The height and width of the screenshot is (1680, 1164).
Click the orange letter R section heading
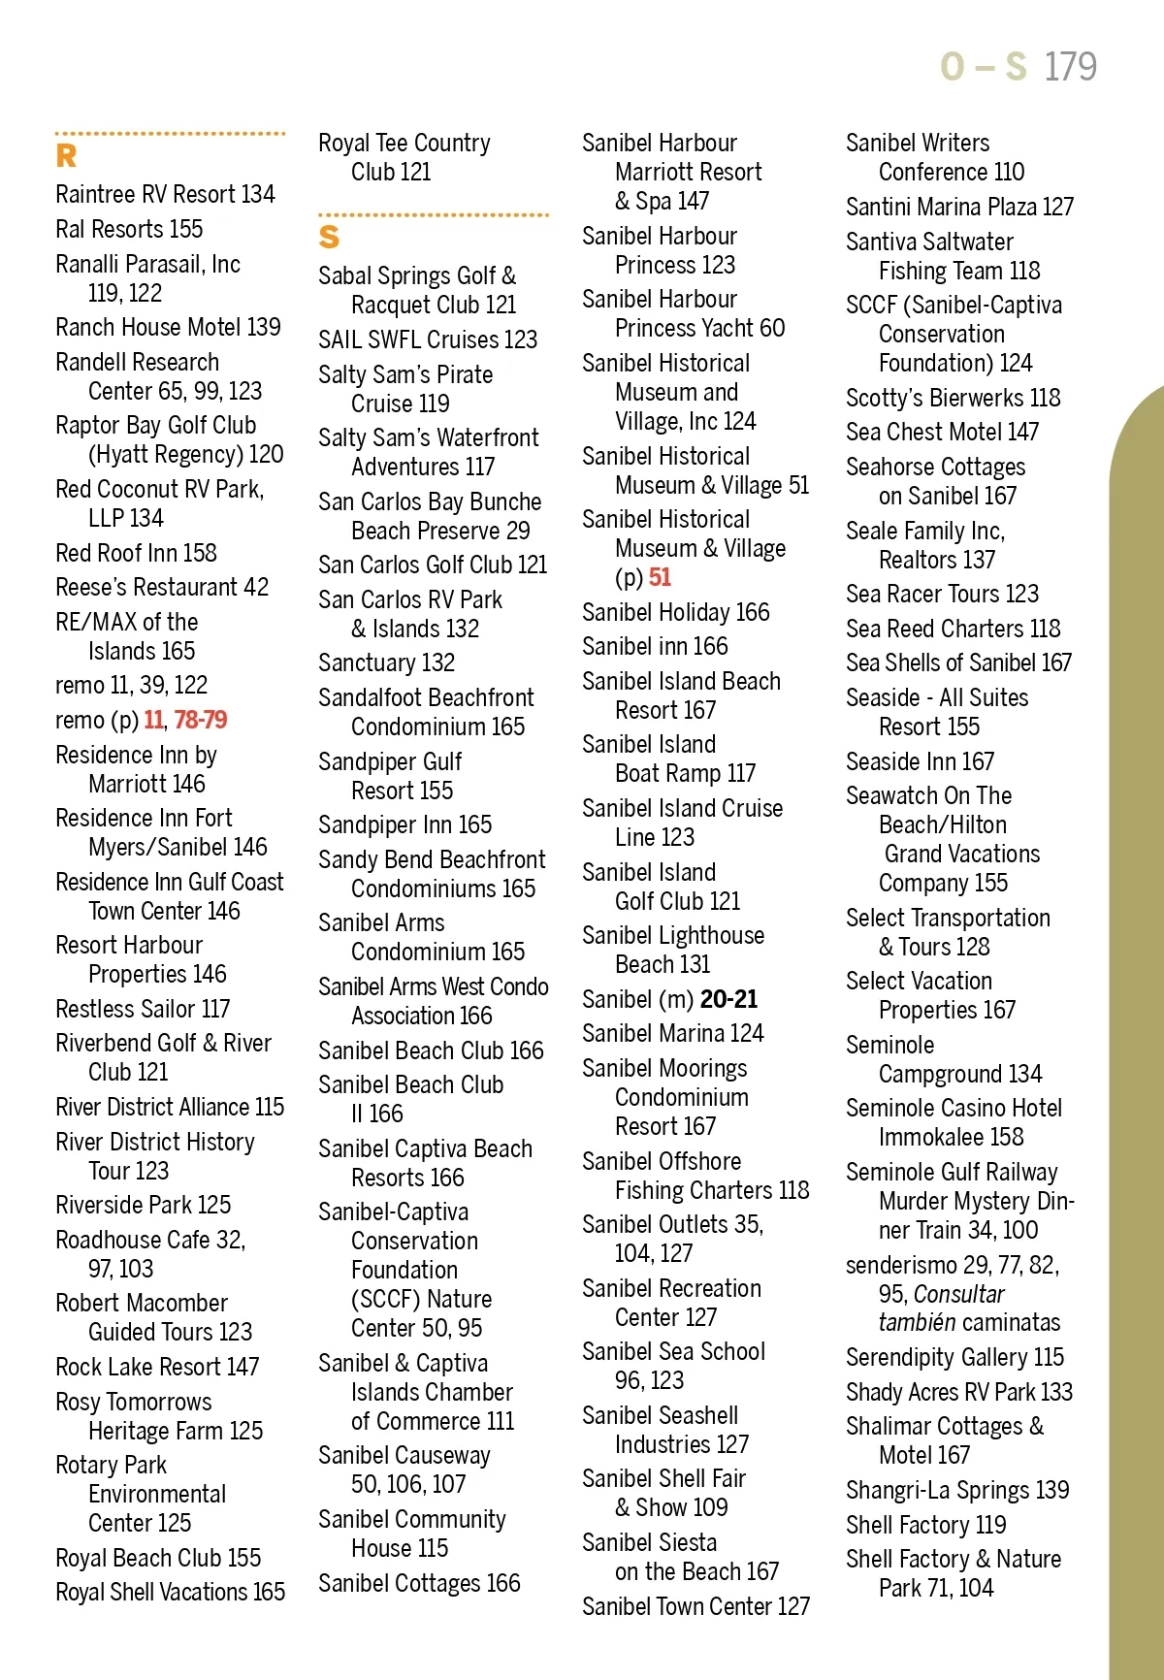pyautogui.click(x=66, y=156)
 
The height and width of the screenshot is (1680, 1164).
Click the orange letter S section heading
pyautogui.click(x=329, y=237)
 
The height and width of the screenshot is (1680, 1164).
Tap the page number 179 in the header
pyautogui.click(x=1070, y=67)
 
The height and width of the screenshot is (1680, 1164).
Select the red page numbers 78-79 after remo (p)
pyautogui.click(x=200, y=720)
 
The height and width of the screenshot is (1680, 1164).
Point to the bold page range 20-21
pyautogui.click(x=728, y=999)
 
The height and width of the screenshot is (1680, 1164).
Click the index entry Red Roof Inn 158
pyautogui.click(x=136, y=553)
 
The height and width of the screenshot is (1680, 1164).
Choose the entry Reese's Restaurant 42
pyautogui.click(x=162, y=587)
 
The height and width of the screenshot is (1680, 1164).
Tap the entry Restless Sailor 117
pyautogui.click(x=143, y=1009)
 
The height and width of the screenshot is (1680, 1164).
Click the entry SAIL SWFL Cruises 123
pyautogui.click(x=428, y=339)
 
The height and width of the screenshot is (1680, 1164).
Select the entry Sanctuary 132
pyautogui.click(x=386, y=662)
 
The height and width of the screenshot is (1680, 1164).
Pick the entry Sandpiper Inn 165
pyautogui.click(x=404, y=824)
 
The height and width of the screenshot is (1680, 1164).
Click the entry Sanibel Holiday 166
pyautogui.click(x=675, y=612)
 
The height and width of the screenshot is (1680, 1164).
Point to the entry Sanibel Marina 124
pyautogui.click(x=672, y=1033)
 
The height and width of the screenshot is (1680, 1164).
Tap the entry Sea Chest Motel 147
pyautogui.click(x=942, y=432)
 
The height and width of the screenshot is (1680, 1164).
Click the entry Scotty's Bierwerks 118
pyautogui.click(x=953, y=398)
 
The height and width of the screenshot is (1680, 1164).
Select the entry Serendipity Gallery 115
pyautogui.click(x=954, y=1357)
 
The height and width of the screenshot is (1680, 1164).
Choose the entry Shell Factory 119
pyautogui.click(x=925, y=1525)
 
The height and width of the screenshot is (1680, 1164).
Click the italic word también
pyautogui.click(x=917, y=1322)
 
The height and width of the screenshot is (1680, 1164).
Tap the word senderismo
pyautogui.click(x=901, y=1265)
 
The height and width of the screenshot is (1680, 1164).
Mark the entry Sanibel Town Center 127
pyautogui.click(x=695, y=1606)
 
